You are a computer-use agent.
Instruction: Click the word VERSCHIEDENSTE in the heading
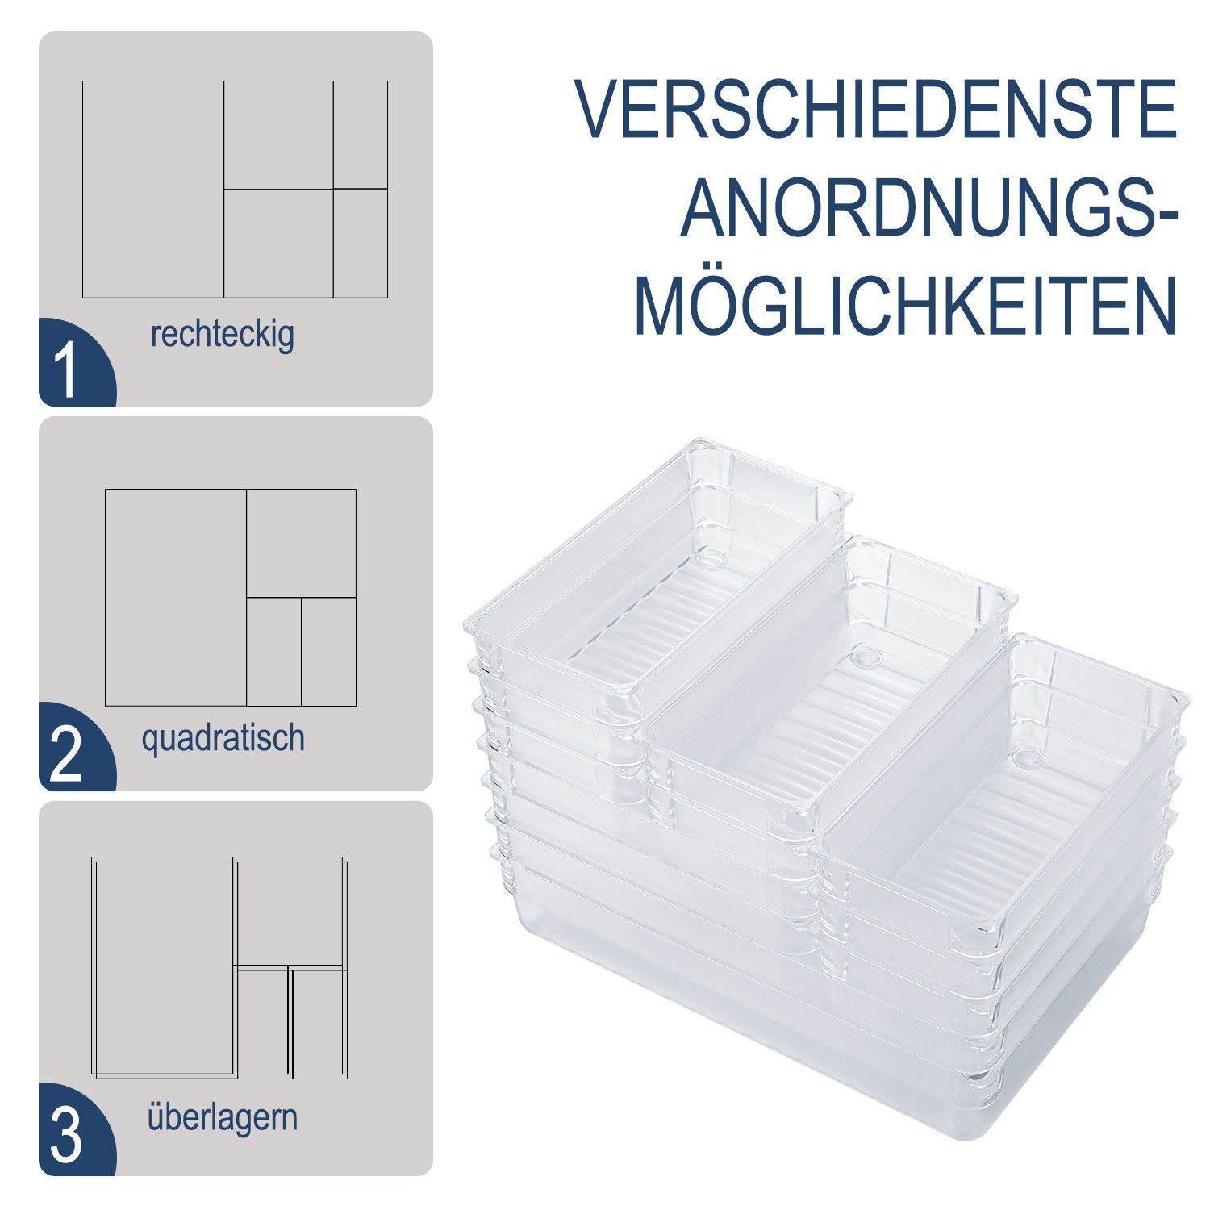click(876, 109)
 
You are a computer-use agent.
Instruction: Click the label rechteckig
click(222, 335)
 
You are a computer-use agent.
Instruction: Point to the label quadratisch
click(223, 738)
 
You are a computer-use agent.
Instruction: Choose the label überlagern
click(223, 1118)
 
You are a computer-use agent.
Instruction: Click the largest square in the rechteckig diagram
click(153, 190)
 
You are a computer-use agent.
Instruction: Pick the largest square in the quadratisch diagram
click(176, 598)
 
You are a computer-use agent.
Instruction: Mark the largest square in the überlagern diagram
click(164, 966)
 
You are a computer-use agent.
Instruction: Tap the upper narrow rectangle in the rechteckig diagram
click(361, 135)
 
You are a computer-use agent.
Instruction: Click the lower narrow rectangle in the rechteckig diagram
click(361, 244)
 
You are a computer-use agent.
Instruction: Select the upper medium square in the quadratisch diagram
click(302, 543)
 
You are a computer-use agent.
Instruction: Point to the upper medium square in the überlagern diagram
click(290, 912)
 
